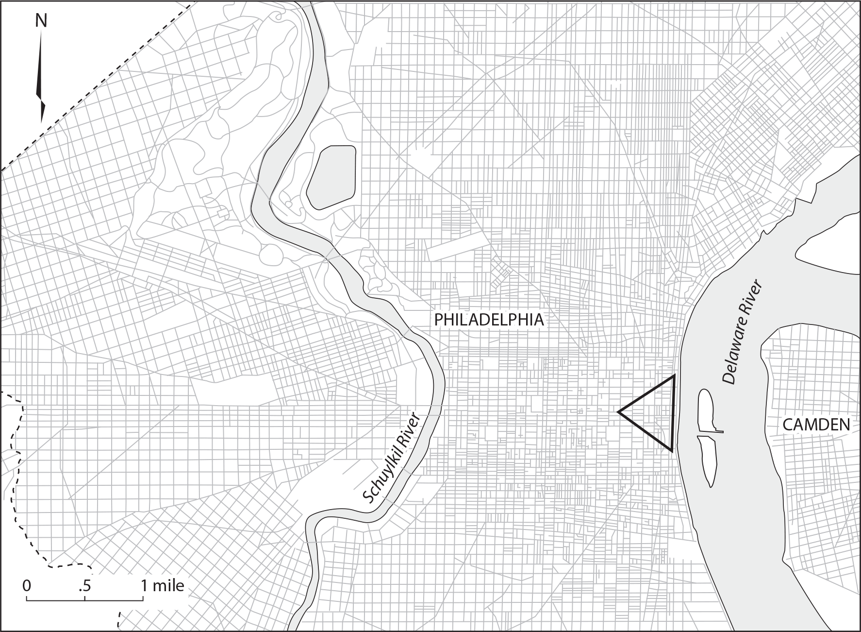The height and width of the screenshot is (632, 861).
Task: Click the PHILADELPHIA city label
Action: pyautogui.click(x=488, y=320)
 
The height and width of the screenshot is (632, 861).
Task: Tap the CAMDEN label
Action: pyautogui.click(x=816, y=425)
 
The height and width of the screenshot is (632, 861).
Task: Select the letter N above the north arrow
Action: pyautogui.click(x=41, y=20)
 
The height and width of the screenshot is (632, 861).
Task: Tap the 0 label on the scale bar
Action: pyautogui.click(x=27, y=585)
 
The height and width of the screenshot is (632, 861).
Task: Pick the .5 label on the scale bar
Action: pyautogui.click(x=84, y=585)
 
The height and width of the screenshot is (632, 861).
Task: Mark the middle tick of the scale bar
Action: pyautogui.click(x=85, y=598)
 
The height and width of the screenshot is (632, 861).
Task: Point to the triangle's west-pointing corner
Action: pyautogui.click(x=619, y=412)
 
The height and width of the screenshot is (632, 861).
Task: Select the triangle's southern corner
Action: pyautogui.click(x=672, y=450)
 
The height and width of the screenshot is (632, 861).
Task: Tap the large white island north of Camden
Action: pyautogui.click(x=830, y=248)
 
